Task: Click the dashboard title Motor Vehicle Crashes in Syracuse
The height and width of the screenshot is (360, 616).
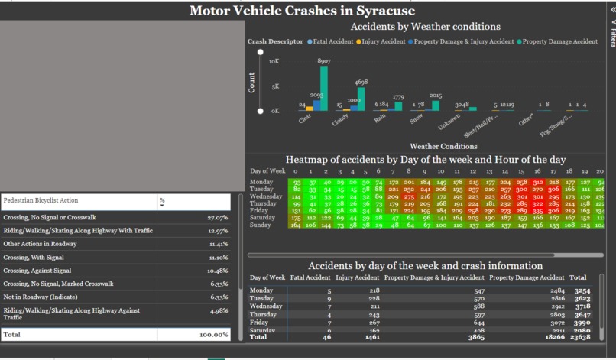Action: pos(302,11)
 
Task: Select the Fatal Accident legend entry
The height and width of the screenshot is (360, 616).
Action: pos(331,41)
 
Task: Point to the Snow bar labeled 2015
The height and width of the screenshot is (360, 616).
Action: pos(436,105)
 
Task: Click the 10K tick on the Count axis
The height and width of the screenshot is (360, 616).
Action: pos(274,60)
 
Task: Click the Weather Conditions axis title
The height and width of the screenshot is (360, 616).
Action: pos(443,145)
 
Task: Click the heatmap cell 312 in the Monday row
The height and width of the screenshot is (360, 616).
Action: pos(537,182)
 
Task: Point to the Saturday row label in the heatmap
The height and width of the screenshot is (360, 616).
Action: pos(263,218)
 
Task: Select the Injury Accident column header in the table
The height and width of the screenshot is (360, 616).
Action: pos(357,277)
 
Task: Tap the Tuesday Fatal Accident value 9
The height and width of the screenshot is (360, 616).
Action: pos(329,299)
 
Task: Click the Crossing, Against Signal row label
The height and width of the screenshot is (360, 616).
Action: pos(37,270)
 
